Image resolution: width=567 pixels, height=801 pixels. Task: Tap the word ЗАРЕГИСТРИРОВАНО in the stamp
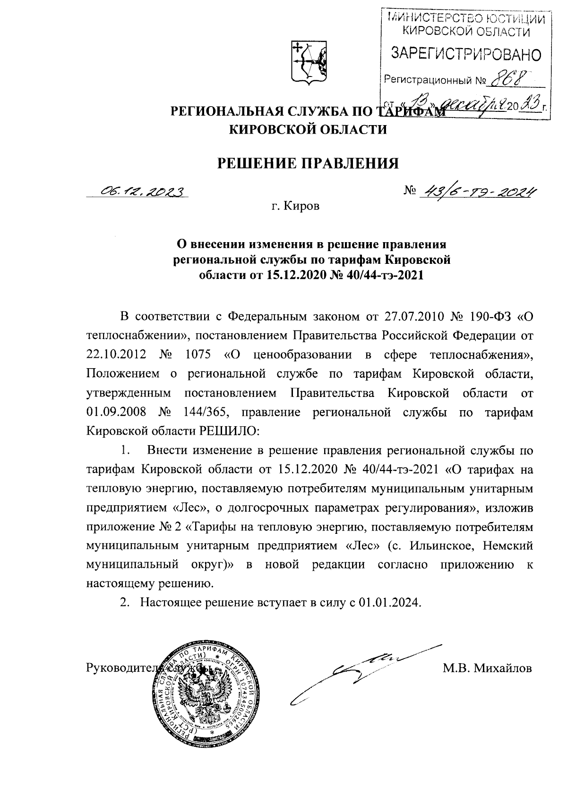click(466, 55)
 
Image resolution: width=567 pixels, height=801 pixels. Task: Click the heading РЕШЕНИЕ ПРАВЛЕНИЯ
click(307, 163)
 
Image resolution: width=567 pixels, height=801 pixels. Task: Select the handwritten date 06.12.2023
click(137, 191)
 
